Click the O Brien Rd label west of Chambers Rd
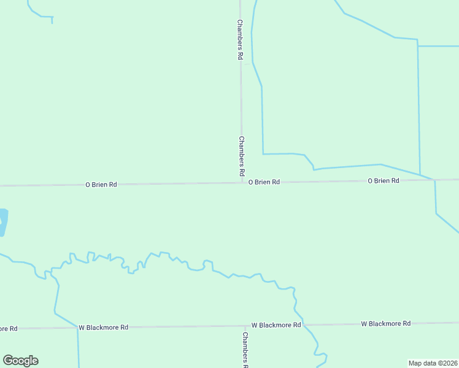coord(101,184)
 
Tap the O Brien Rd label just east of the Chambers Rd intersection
coord(264,182)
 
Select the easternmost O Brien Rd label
coord(384,181)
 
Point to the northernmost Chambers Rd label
coord(241,39)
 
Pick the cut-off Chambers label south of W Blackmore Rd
coord(244,350)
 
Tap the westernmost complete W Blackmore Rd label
coord(103,328)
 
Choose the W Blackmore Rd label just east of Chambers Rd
coord(276,325)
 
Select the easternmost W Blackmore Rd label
coord(385,323)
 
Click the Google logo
coord(20,361)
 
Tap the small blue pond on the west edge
coord(3,222)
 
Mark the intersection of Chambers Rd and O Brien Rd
coord(241,182)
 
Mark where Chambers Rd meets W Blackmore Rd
coord(241,326)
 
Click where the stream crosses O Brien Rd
coord(434,180)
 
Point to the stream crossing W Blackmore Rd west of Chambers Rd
coord(78,328)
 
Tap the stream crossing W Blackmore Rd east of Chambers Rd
coord(304,325)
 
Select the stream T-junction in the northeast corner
coord(418,46)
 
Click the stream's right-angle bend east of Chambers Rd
coord(263,154)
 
